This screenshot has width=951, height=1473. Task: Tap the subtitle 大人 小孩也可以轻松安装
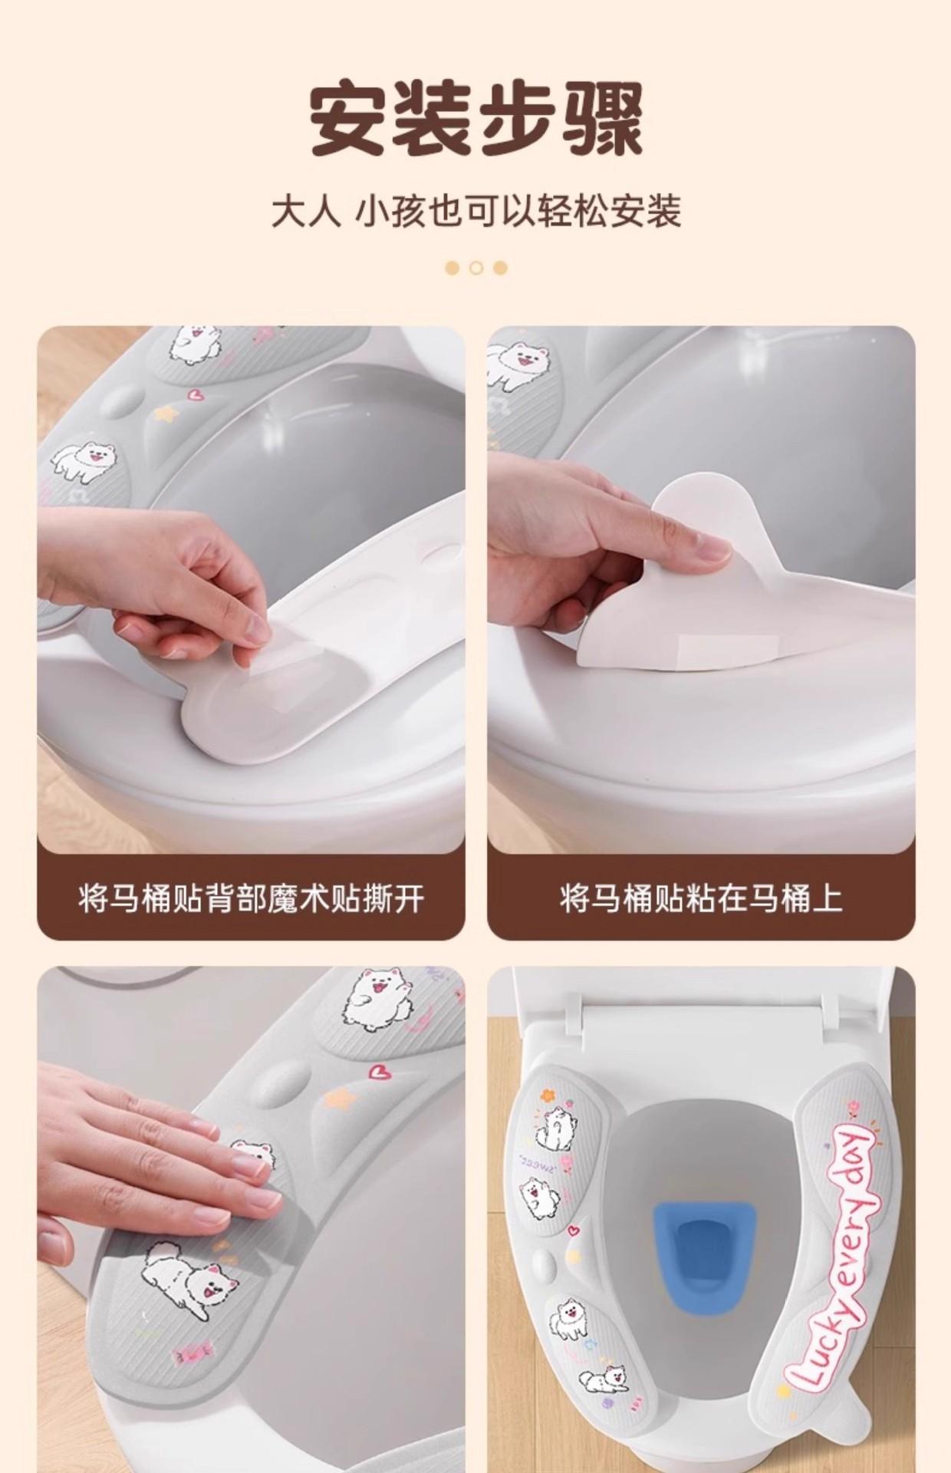[475, 212]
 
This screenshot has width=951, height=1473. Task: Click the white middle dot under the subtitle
[476, 268]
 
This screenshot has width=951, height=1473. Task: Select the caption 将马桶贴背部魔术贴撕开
[251, 898]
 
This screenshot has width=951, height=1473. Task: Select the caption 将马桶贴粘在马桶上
[701, 898]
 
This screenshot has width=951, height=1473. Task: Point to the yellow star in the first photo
[163, 414]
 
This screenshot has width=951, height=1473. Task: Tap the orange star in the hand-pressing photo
[337, 1099]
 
